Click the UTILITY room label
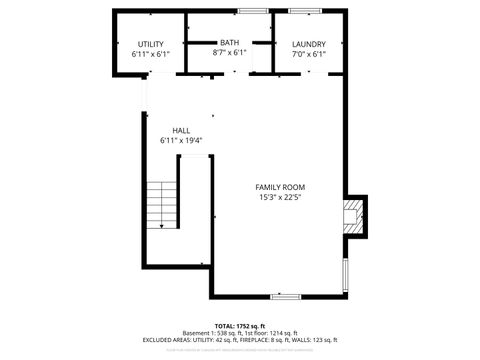(x=151, y=45)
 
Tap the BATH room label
(x=230, y=43)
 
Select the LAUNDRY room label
(x=309, y=45)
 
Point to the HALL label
(x=181, y=131)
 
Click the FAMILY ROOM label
(x=280, y=187)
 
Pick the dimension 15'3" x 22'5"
(x=280, y=197)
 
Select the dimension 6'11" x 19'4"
(x=181, y=141)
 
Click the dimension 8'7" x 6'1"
(x=230, y=52)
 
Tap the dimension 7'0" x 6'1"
(x=309, y=54)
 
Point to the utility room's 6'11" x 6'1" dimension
(x=151, y=54)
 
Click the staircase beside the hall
(x=161, y=205)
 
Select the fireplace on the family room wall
(x=352, y=216)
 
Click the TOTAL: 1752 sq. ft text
(x=238, y=326)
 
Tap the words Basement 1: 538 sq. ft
(x=213, y=333)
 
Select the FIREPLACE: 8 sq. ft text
(x=259, y=340)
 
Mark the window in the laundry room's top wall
(x=305, y=10)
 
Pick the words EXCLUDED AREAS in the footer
(x=166, y=340)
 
